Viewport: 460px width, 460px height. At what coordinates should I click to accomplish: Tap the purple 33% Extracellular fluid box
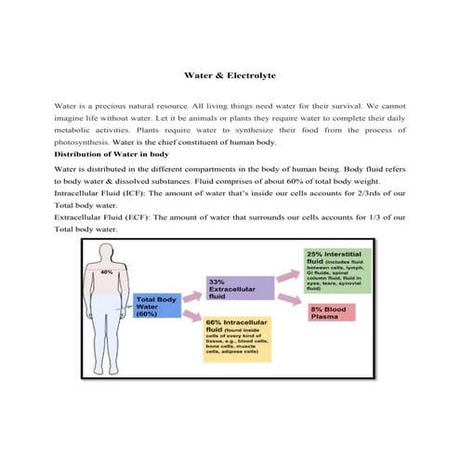pos(239,288)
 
